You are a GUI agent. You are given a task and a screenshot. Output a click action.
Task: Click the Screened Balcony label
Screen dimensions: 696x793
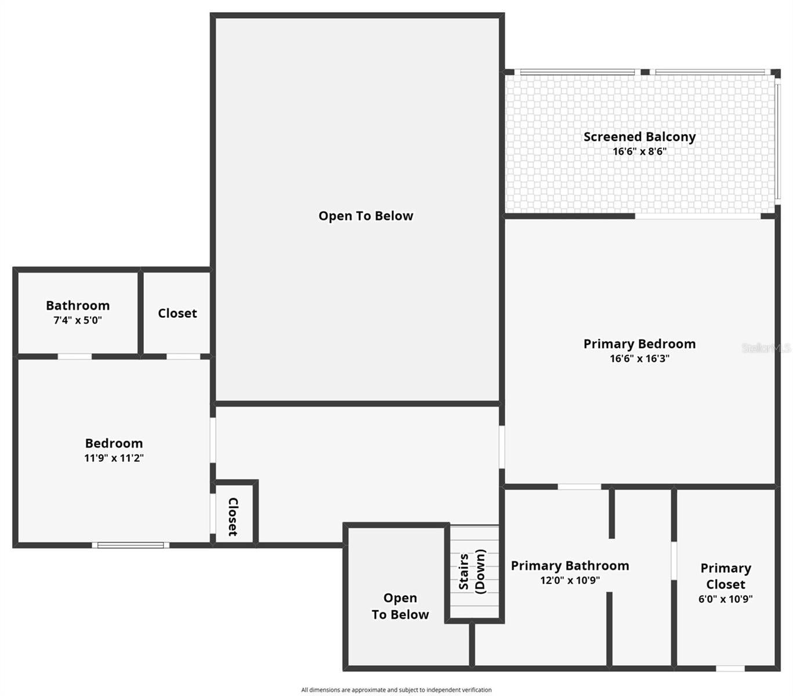639,137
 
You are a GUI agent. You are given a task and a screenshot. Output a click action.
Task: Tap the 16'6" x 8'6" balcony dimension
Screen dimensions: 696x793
639,152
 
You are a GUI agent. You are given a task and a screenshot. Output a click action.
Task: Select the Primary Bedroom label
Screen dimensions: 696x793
639,344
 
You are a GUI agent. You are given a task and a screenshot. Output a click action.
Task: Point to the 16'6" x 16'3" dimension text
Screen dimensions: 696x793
639,358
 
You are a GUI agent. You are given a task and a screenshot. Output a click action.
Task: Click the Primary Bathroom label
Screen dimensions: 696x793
570,565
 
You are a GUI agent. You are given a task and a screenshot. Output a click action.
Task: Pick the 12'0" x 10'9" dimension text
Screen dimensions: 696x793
570,580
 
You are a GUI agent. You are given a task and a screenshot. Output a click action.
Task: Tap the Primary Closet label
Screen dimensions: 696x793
725,576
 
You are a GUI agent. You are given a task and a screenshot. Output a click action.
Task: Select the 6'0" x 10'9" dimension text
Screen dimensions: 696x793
725,599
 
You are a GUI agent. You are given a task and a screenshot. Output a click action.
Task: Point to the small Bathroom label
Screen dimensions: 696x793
78,306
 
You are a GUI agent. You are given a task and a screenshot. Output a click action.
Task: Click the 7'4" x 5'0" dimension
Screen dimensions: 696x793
78,320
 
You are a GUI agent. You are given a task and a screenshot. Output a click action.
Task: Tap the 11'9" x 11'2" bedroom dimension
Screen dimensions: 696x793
114,458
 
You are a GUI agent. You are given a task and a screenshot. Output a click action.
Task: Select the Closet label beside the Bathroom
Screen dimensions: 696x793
177,313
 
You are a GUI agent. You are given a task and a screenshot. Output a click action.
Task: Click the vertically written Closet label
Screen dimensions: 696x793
233,516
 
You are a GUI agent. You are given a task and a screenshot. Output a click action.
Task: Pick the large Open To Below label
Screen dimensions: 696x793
365,216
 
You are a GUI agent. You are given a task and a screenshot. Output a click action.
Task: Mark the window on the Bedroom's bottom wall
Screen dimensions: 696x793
131,545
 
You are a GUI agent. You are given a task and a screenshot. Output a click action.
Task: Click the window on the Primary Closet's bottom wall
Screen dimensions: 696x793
730,668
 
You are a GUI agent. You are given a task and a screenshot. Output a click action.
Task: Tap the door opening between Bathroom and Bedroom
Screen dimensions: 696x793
74,356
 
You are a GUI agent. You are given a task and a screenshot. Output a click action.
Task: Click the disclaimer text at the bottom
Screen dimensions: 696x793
396,690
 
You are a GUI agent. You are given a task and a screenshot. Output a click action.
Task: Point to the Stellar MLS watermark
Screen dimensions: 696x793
766,348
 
